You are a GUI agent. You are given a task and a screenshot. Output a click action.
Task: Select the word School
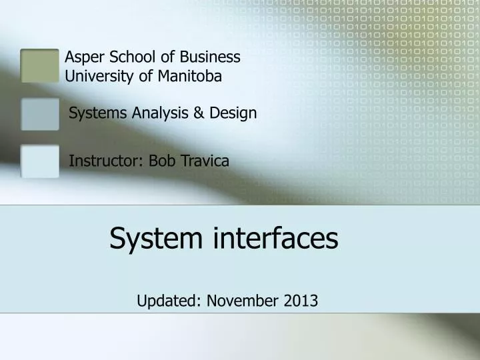click(x=126, y=57)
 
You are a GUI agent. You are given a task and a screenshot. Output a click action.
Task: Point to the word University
click(x=98, y=77)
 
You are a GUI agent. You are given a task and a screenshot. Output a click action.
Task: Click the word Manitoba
click(x=191, y=76)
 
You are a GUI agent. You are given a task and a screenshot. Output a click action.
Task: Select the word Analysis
click(x=156, y=113)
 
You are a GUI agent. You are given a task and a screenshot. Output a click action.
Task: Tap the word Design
click(x=233, y=113)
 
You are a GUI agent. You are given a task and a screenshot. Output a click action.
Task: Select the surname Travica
click(x=203, y=161)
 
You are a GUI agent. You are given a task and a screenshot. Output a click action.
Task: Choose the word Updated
click(x=166, y=301)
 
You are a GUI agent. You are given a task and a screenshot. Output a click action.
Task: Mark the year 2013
click(x=300, y=301)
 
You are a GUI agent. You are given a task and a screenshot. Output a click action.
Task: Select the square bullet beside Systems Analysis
click(x=40, y=114)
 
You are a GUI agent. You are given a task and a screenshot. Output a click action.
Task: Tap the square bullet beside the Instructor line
click(x=40, y=161)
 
